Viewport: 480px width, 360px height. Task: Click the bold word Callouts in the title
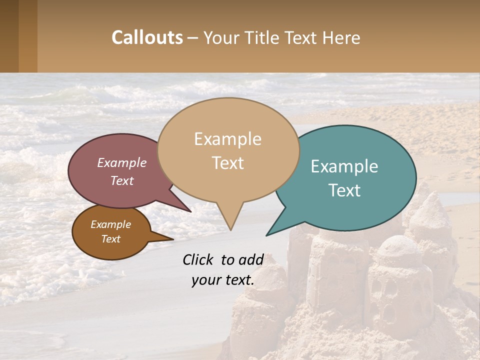coord(147,37)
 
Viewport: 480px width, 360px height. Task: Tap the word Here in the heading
coord(342,38)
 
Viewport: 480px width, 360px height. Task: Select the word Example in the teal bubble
coord(344,166)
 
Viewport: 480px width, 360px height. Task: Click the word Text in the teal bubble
coord(345,190)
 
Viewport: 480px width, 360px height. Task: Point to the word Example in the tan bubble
coord(227,139)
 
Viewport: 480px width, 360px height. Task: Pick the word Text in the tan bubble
coord(228,163)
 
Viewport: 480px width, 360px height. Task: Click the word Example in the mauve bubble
coord(122,163)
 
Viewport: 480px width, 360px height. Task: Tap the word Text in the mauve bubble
coord(122,181)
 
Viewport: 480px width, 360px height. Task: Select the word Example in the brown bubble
coord(111,224)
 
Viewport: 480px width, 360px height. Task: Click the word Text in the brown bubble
coord(111,239)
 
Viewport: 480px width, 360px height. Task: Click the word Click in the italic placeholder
coord(198,259)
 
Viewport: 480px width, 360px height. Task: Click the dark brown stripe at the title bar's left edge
coord(9,36)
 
